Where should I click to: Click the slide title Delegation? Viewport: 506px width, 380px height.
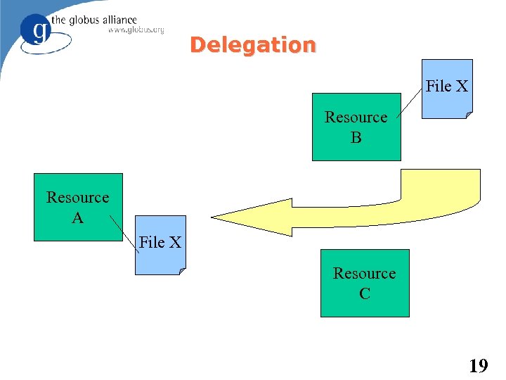252,45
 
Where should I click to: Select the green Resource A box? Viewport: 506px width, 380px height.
78,208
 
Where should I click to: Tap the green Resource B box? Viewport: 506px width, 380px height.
356,127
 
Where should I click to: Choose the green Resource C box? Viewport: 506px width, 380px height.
365,283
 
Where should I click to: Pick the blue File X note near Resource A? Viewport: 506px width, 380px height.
161,244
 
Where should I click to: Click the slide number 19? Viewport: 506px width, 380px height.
478,365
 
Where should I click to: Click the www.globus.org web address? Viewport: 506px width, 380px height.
136,30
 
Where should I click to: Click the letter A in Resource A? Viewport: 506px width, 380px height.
78,218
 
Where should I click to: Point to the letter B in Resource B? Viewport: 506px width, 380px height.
356,138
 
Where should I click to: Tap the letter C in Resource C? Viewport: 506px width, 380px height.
365,293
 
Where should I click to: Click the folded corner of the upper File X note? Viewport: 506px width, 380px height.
468,114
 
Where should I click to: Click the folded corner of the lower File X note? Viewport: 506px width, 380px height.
181,270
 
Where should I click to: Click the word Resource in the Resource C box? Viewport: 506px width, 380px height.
365,273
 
